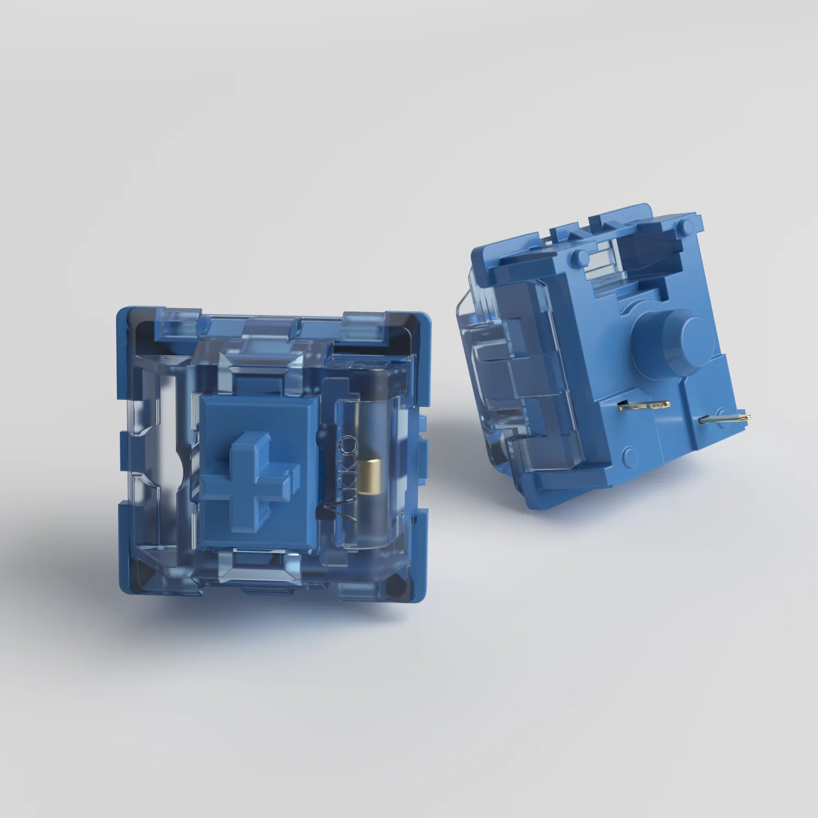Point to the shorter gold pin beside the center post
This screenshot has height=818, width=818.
(645, 405)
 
